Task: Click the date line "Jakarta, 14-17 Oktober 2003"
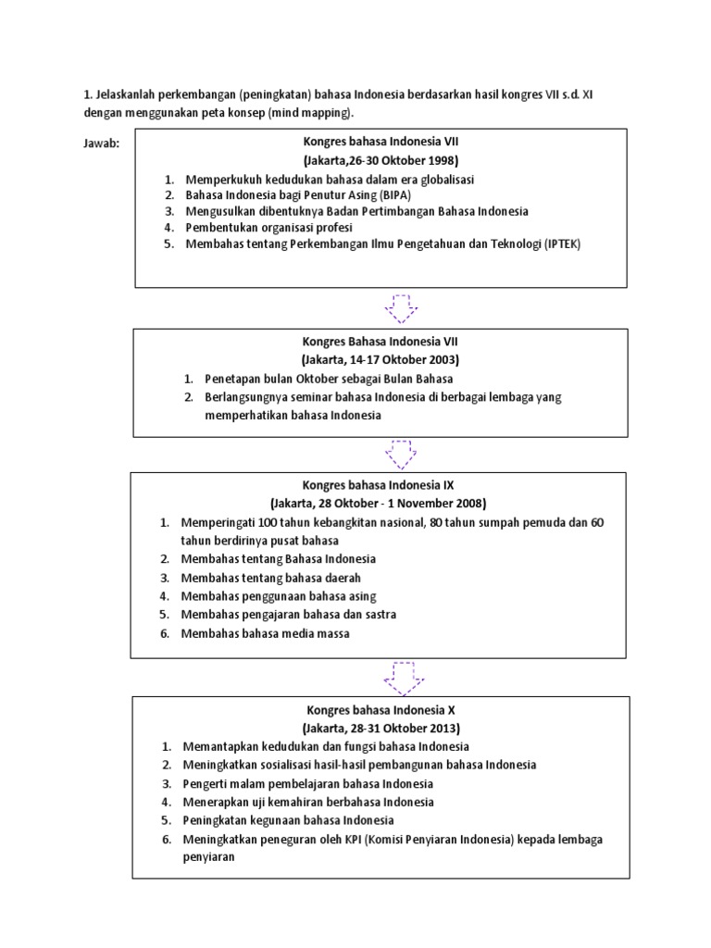pyautogui.click(x=380, y=359)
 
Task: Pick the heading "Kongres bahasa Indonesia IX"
pyautogui.click(x=378, y=484)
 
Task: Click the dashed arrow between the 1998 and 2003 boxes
pyautogui.click(x=402, y=308)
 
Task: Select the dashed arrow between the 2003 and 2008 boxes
pyautogui.click(x=402, y=453)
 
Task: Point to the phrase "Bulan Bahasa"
pyautogui.click(x=420, y=379)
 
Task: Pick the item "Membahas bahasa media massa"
pyautogui.click(x=266, y=633)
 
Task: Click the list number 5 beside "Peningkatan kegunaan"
pyautogui.click(x=166, y=820)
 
